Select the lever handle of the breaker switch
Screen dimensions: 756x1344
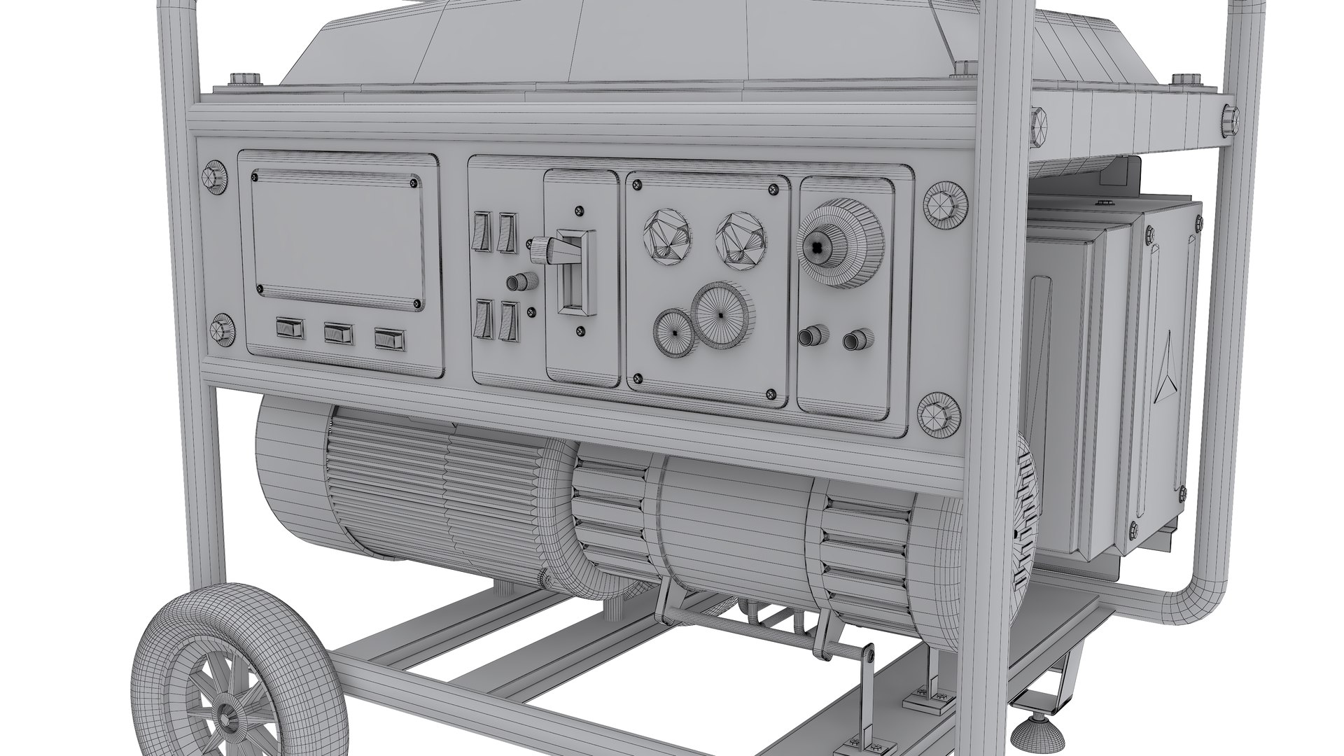pyautogui.click(x=553, y=249)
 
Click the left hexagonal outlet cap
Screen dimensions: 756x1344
pyautogui.click(x=666, y=237)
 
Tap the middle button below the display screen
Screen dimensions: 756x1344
pyautogui.click(x=339, y=334)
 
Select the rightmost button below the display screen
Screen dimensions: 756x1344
pyautogui.click(x=389, y=339)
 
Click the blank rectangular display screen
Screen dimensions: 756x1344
pyautogui.click(x=338, y=238)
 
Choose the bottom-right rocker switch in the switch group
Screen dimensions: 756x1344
pyautogui.click(x=507, y=323)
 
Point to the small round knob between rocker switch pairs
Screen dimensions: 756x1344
pyautogui.click(x=517, y=282)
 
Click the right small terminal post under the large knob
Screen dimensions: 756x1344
pyautogui.click(x=853, y=339)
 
